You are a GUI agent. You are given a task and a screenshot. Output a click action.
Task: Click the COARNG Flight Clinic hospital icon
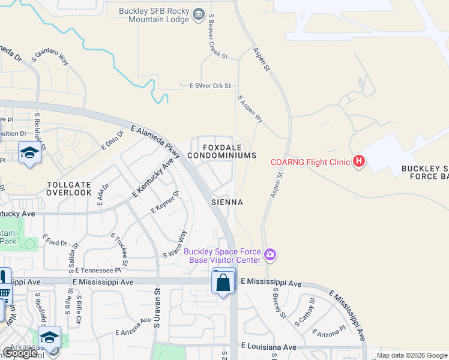click(359, 161)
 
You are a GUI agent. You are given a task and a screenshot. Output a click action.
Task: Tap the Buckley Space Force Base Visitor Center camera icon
click(271, 256)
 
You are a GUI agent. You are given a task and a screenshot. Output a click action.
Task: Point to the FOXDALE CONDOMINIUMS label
click(221, 151)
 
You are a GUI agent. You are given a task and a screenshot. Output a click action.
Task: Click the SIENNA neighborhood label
click(227, 202)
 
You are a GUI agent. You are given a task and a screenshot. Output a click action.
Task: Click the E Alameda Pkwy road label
click(155, 143)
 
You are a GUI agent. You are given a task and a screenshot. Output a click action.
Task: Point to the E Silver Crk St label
click(210, 86)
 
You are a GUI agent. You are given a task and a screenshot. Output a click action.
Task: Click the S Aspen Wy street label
click(250, 109)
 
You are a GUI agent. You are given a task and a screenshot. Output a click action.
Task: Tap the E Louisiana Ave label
click(269, 347)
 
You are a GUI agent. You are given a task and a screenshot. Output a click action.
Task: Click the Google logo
click(20, 353)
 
